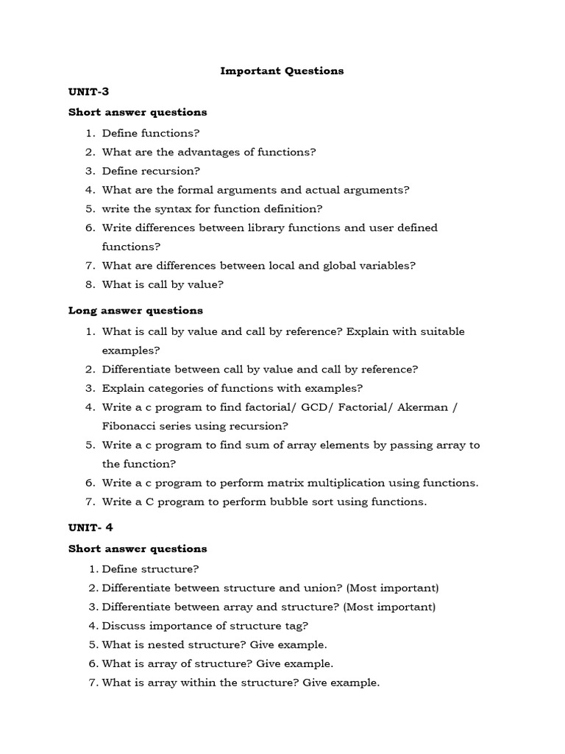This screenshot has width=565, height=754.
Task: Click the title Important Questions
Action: point(282,71)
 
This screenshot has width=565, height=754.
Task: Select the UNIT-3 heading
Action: point(88,92)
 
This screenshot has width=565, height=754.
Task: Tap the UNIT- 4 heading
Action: point(90,528)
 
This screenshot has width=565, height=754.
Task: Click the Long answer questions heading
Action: point(135,311)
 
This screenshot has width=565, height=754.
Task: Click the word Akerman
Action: point(427,407)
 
